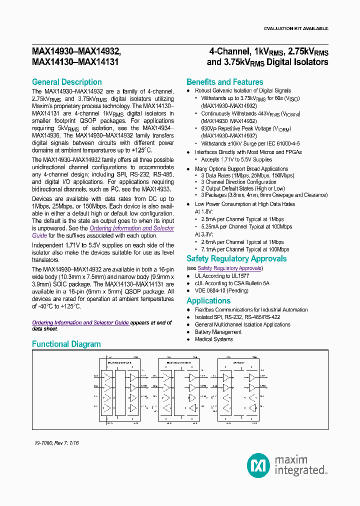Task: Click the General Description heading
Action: coord(66,82)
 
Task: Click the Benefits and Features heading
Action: coord(224,82)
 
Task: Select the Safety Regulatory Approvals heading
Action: coord(236,258)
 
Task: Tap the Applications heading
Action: coord(208,300)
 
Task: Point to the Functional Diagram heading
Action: coord(66,344)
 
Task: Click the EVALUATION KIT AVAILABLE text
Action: coord(296,28)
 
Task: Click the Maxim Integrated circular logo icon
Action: coord(259,465)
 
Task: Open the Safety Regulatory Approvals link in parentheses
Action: coord(229,268)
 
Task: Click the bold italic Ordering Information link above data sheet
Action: coord(80,322)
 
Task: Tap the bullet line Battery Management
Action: coord(218,332)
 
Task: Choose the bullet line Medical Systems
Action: coord(213,339)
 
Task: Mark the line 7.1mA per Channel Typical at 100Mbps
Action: coord(245,249)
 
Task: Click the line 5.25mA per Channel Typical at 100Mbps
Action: coord(246,226)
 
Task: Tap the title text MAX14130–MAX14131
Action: coord(75,62)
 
